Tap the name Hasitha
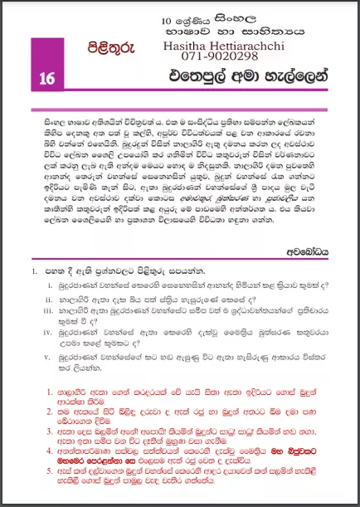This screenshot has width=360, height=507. (189, 46)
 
